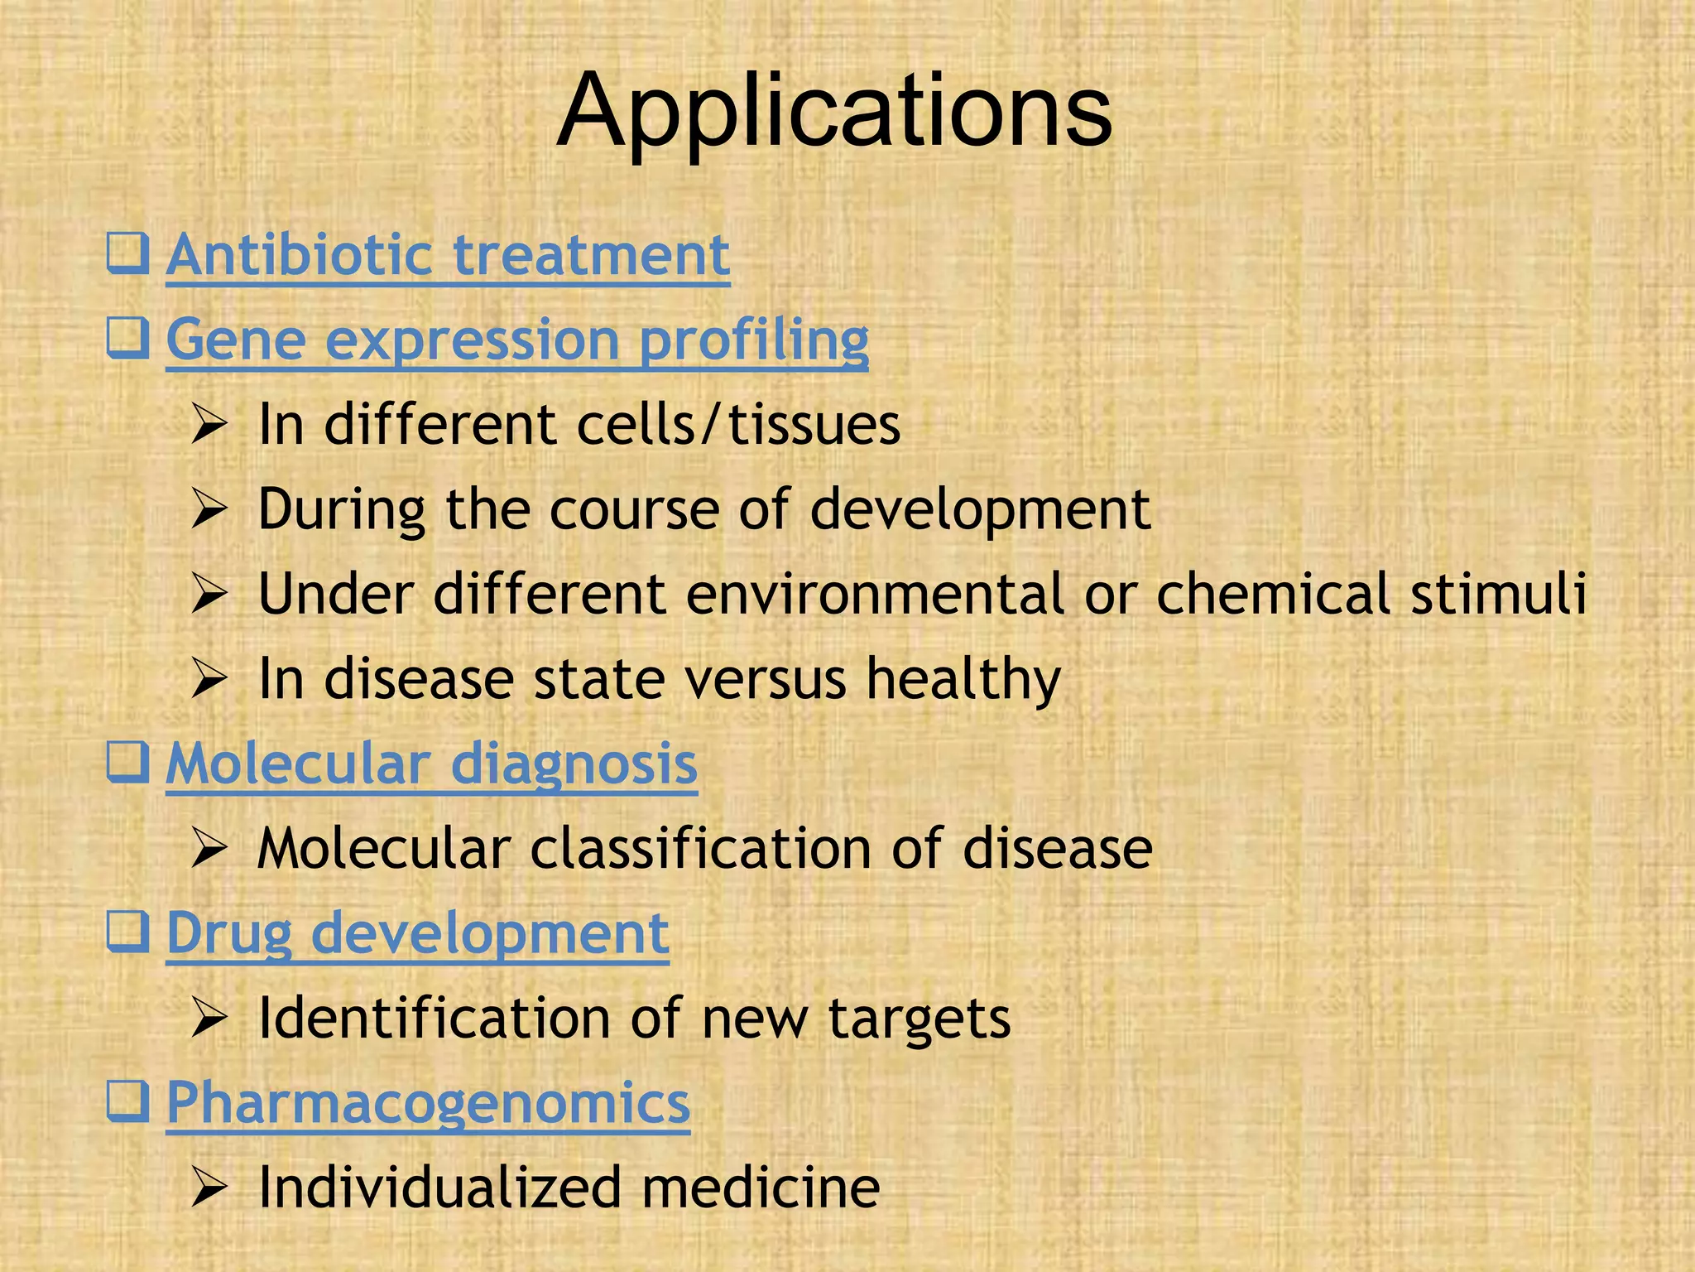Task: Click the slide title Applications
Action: point(834,112)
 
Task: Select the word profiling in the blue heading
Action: point(754,340)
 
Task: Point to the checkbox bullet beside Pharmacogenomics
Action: point(127,1101)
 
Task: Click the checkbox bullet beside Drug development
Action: point(127,932)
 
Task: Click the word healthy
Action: point(963,680)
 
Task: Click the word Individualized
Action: point(439,1188)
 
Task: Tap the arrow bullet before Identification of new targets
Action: point(209,1019)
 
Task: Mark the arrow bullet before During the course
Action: point(209,510)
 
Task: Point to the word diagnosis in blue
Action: point(574,764)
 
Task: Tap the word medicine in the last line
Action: point(761,1188)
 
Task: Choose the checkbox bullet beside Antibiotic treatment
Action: point(127,253)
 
